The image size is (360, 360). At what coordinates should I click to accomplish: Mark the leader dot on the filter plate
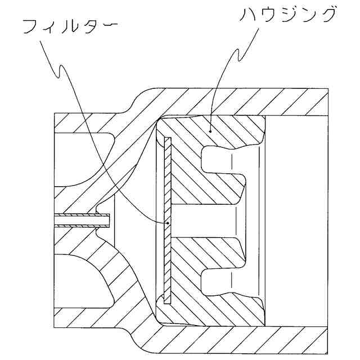pyautogui.click(x=169, y=223)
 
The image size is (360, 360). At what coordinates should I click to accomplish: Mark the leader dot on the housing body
pyautogui.click(x=210, y=130)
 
